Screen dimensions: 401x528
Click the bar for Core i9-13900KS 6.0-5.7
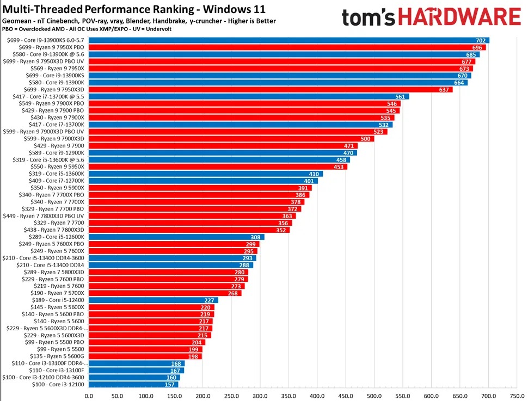[x=288, y=40]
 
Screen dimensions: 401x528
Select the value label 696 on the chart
[x=480, y=47]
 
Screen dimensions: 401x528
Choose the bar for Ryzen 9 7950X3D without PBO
[x=271, y=90]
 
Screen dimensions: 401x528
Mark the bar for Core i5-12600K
[x=176, y=237]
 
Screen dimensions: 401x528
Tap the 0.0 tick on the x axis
[x=89, y=396]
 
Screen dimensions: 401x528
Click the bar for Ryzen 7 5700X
[x=165, y=293]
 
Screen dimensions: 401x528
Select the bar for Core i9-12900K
[x=223, y=153]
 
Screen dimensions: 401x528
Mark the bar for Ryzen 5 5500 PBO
[x=147, y=342]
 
